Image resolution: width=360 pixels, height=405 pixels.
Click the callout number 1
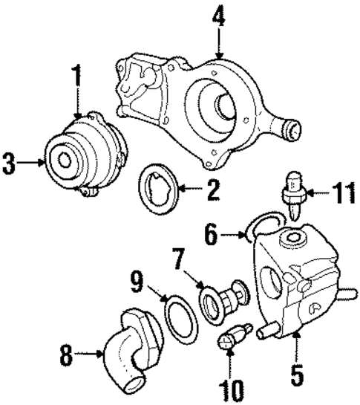coord(76,77)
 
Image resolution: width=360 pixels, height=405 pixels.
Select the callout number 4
coord(218,15)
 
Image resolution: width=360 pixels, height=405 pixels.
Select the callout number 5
coord(297,374)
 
